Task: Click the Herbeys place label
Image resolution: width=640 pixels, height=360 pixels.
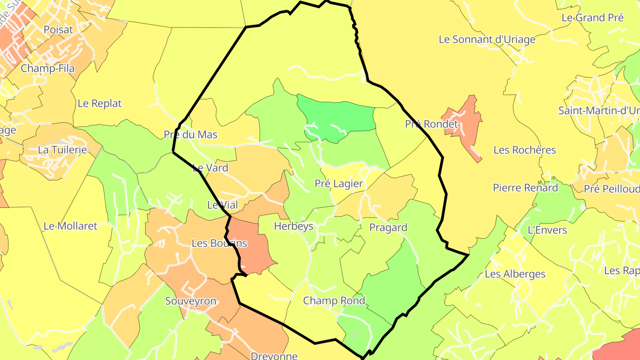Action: tap(293, 226)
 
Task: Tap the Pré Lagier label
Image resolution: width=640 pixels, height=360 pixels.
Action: tap(339, 184)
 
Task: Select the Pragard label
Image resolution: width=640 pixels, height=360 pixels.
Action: tap(388, 228)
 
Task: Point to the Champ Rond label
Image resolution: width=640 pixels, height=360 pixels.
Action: tap(334, 301)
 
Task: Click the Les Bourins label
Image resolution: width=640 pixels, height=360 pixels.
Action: tap(219, 244)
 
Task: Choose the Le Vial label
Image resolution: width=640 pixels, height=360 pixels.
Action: tap(222, 205)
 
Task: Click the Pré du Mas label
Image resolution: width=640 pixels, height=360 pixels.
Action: tap(190, 134)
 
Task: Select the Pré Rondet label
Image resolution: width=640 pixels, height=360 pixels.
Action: tap(431, 124)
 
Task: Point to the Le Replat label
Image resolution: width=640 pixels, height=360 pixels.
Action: tap(100, 104)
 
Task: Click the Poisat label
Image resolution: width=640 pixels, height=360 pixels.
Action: tap(58, 30)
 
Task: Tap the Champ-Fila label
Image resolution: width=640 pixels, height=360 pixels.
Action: tap(48, 68)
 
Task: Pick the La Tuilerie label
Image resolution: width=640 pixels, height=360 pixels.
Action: tap(62, 150)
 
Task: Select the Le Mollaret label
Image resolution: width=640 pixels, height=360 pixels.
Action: tap(70, 226)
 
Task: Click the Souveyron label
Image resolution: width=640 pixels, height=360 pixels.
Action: tap(191, 301)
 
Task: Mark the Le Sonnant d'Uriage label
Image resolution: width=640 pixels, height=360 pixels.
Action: tap(487, 40)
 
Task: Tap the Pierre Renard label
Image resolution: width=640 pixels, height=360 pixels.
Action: tap(525, 188)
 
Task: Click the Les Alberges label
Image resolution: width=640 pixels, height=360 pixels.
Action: tap(515, 274)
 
